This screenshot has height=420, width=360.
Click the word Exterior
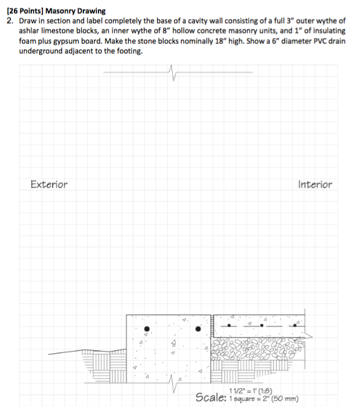click(x=49, y=184)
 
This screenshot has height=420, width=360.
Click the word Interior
click(x=315, y=184)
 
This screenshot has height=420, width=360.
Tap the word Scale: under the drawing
click(x=210, y=398)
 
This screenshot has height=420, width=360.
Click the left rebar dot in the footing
click(x=146, y=328)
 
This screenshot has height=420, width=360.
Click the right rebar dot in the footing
click(x=198, y=328)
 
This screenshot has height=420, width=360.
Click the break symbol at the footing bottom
click(x=172, y=383)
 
